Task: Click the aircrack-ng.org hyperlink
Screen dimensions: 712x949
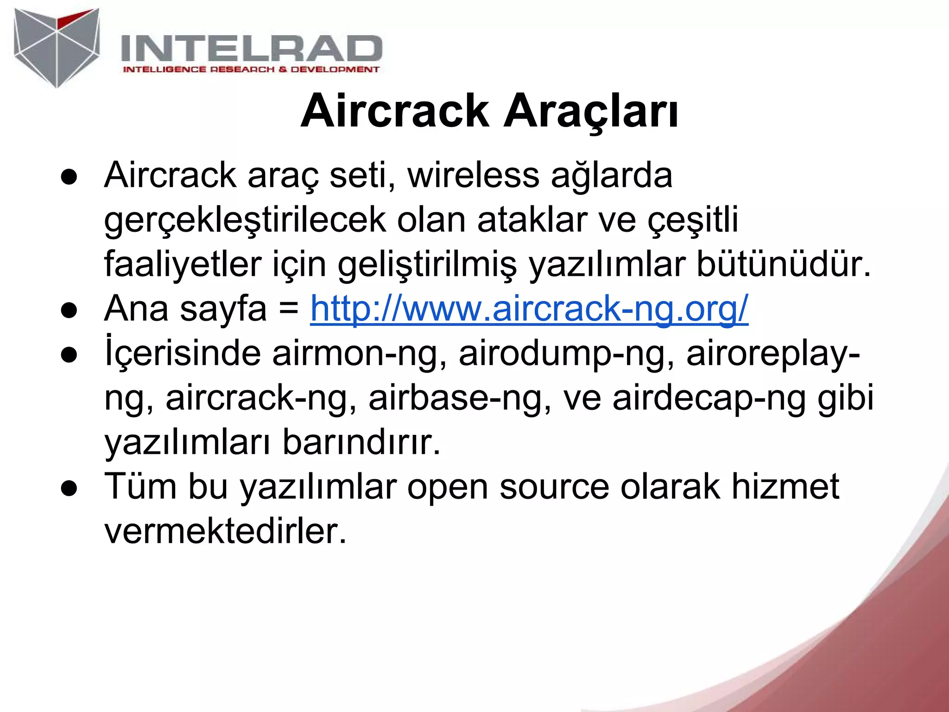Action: coord(529,309)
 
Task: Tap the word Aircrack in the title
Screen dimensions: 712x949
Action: coord(394,111)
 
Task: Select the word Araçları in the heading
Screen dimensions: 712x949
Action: coord(591,111)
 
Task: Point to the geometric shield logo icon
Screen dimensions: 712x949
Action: coord(57,47)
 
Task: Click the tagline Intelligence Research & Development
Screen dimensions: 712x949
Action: coord(251,70)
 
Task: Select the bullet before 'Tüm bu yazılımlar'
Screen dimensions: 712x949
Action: coord(69,490)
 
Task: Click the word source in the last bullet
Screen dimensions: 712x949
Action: coord(554,487)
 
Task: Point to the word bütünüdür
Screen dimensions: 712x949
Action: coord(784,264)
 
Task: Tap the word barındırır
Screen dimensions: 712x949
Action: coord(361,442)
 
